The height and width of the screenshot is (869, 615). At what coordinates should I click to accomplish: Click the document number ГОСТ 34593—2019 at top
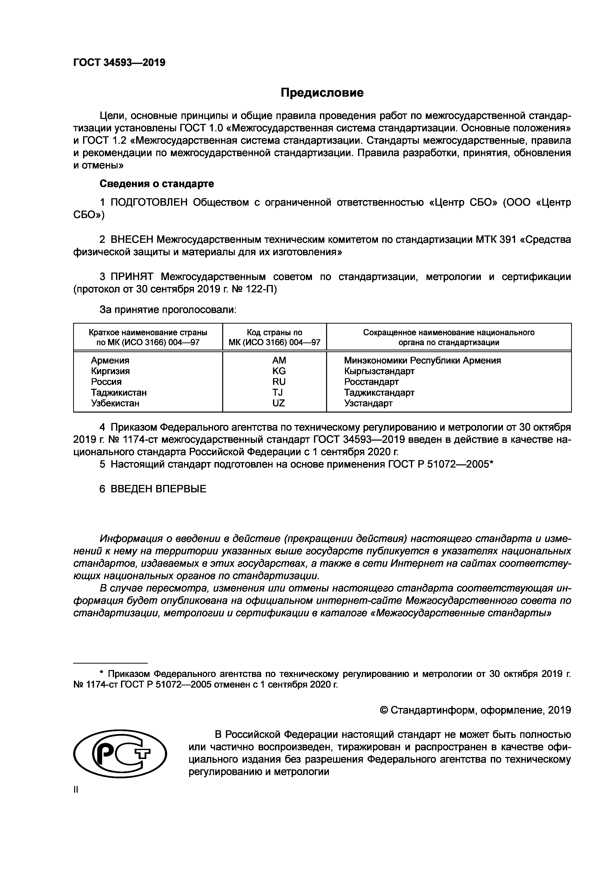pos(119,62)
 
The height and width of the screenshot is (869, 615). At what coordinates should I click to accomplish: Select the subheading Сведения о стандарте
pos(156,184)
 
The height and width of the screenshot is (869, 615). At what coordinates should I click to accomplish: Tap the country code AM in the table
pos(279,360)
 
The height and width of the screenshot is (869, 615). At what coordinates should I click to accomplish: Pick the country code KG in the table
pos(279,371)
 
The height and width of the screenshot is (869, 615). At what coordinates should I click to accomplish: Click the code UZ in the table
pos(279,403)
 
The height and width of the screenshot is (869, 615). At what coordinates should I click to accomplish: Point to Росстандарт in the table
pos(371,382)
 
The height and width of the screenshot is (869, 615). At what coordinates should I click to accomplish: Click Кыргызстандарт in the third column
pos(379,371)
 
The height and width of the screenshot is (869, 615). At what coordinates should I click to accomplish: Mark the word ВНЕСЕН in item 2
pos(132,240)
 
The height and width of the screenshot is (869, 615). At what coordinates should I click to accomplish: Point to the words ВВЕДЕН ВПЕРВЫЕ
pos(158,489)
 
